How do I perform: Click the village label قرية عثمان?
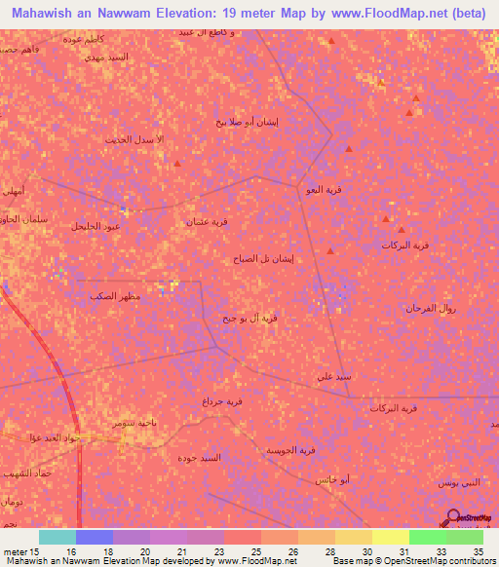(x=209, y=222)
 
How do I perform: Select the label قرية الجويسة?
(x=292, y=450)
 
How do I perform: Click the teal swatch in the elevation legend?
(x=57, y=537)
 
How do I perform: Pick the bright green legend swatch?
(x=427, y=537)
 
